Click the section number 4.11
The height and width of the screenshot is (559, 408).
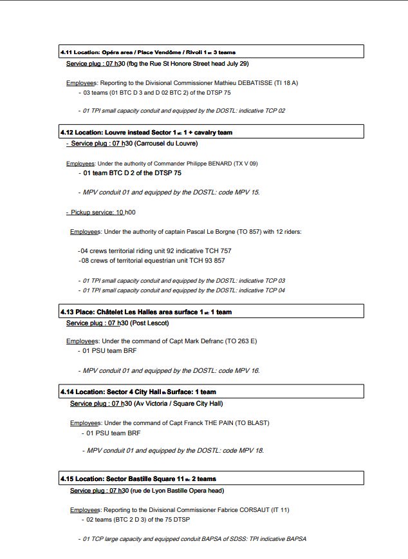pyautogui.click(x=66, y=52)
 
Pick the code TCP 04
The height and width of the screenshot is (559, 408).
pyautogui.click(x=274, y=290)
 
